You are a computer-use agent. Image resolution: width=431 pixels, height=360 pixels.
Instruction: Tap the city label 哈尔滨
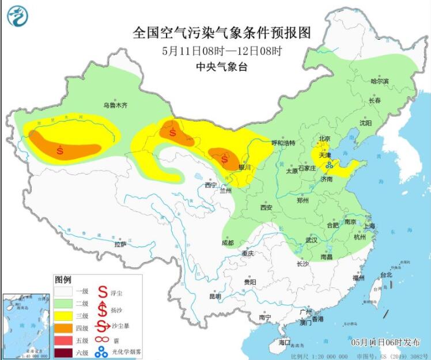pyautogui.click(x=379, y=81)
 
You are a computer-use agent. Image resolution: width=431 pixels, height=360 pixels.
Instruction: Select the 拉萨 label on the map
pyautogui.click(x=120, y=244)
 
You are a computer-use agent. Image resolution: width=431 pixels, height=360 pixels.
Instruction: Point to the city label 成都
pyautogui.click(x=227, y=242)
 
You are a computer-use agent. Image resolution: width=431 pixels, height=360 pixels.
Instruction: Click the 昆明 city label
pyautogui.click(x=215, y=297)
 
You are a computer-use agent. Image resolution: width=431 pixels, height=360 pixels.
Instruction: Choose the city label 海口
pyautogui.click(x=284, y=342)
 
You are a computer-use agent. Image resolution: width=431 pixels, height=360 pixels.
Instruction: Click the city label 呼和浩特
pyautogui.click(x=283, y=143)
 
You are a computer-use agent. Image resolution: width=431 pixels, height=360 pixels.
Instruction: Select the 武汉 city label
pyautogui.click(x=312, y=240)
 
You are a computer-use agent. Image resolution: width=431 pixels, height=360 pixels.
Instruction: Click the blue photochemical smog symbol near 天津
pyautogui.click(x=329, y=165)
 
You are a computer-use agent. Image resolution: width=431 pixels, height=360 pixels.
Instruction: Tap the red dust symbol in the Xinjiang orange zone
pyautogui.click(x=61, y=151)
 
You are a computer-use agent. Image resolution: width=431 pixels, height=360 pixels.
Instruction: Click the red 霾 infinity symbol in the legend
pyautogui.click(x=101, y=339)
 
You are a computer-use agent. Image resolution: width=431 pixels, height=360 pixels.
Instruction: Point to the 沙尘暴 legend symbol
pyautogui.click(x=101, y=325)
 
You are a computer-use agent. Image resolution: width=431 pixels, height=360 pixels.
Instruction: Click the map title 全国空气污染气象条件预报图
pyautogui.click(x=222, y=33)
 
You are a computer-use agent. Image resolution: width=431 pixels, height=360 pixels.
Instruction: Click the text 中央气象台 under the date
pyautogui.click(x=222, y=67)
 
